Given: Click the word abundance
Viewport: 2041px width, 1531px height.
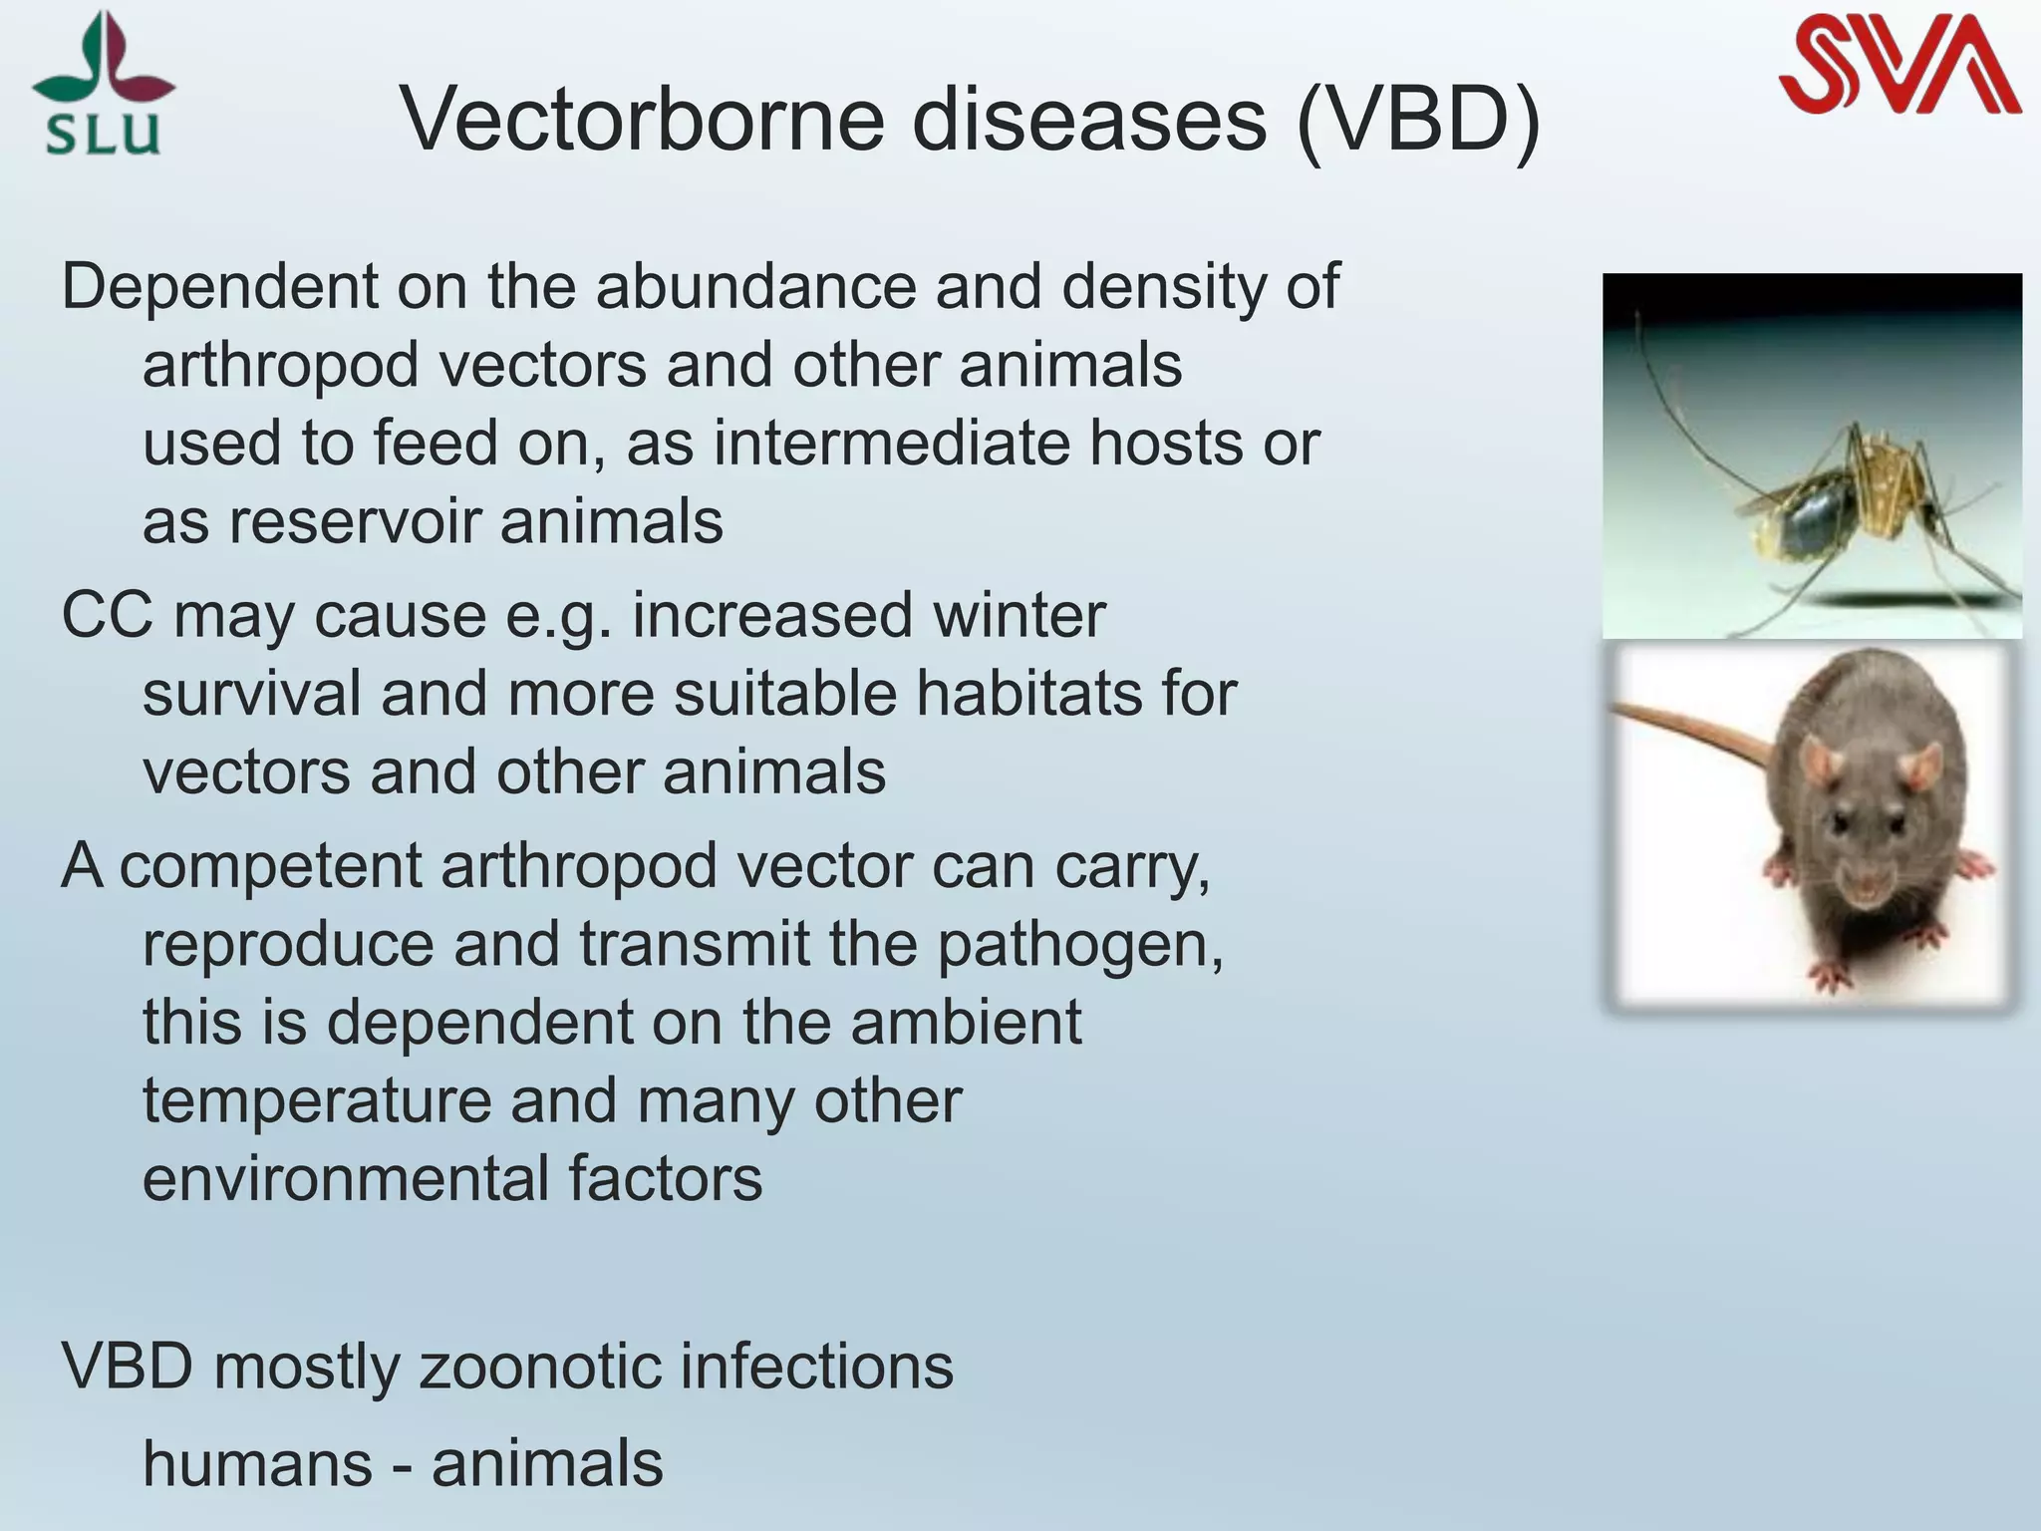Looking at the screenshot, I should coord(754,287).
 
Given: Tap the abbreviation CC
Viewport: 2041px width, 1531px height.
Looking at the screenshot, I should coord(108,614).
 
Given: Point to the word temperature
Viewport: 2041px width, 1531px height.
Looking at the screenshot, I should coord(317,1100).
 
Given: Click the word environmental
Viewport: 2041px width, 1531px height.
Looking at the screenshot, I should coord(345,1178).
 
